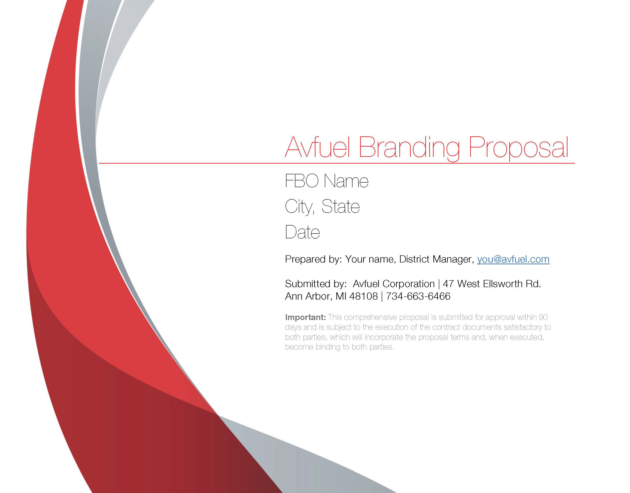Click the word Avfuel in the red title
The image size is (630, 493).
click(317, 147)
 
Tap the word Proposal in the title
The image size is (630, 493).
click(518, 148)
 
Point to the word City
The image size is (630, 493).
click(299, 207)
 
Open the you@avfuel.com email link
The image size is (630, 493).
click(513, 259)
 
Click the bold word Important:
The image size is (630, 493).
click(305, 317)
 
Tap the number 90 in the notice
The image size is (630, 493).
click(543, 317)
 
